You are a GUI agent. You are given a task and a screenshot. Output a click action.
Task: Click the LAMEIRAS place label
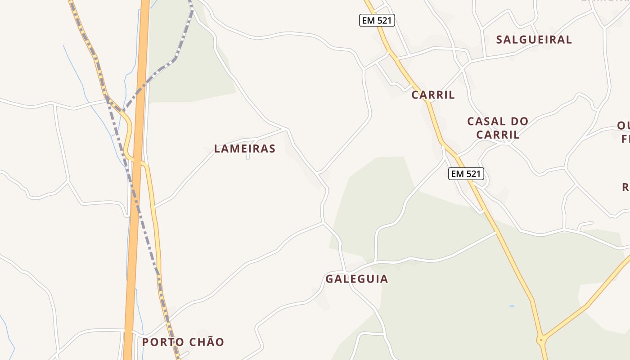[244, 148]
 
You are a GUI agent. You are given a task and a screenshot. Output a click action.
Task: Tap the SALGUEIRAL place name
[534, 40]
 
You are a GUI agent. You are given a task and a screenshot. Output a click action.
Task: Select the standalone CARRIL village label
[433, 95]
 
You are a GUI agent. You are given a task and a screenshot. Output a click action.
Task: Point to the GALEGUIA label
[356, 279]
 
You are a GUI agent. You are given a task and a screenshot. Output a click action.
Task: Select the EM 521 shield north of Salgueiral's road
[377, 20]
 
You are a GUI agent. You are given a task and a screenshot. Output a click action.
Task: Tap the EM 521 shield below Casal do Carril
[466, 174]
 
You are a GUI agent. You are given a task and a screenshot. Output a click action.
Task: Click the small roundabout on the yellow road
[542, 340]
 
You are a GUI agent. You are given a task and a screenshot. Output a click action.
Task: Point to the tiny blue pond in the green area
[512, 306]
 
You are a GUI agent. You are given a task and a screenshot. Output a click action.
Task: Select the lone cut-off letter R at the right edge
[625, 187]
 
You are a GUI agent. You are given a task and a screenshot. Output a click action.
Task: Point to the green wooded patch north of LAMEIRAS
[189, 67]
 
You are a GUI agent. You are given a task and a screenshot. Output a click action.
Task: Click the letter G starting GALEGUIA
[329, 279]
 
